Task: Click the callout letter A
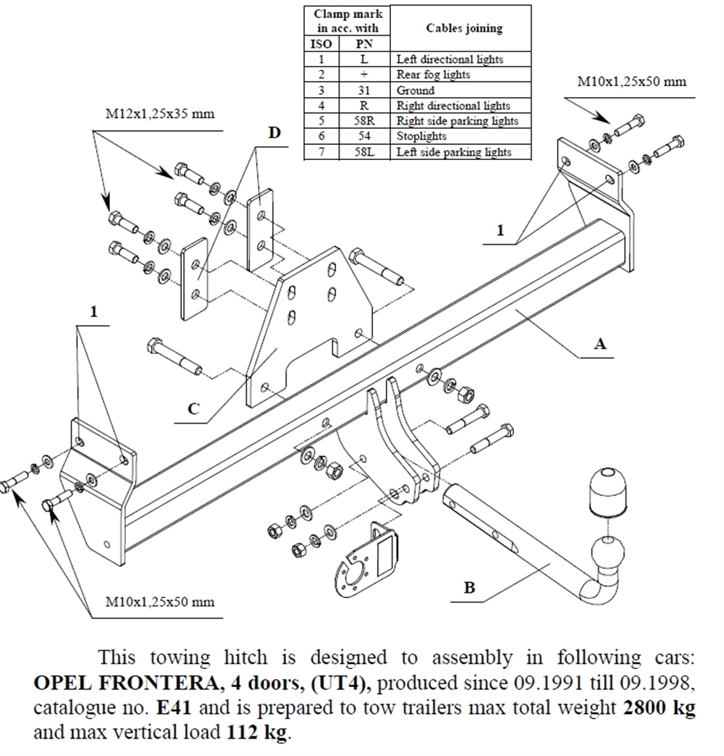tap(599, 344)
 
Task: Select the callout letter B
tap(469, 587)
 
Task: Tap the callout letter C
tap(193, 408)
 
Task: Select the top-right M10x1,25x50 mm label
tap(631, 82)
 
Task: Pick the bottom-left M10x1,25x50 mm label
tap(160, 602)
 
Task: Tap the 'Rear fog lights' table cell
tap(433, 75)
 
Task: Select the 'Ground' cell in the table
tap(416, 91)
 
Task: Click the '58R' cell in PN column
tap(363, 121)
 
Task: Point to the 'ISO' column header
tap(321, 44)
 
